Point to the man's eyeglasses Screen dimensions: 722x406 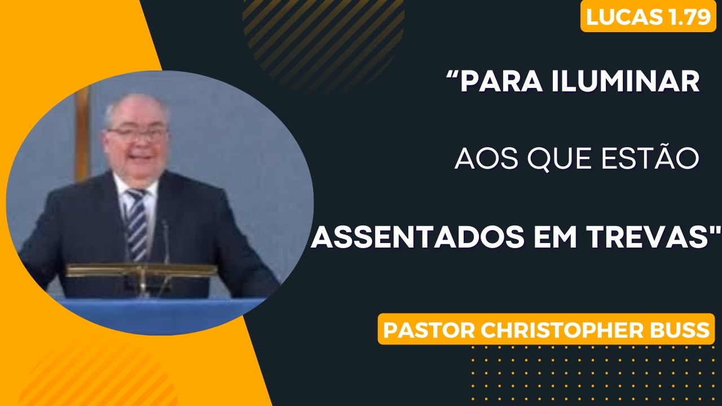(137, 134)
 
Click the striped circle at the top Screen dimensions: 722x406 (324, 43)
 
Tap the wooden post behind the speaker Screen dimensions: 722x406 (82, 132)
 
